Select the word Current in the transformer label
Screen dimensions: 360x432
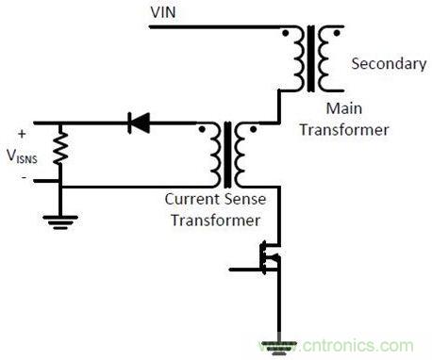point(191,200)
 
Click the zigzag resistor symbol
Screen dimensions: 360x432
point(60,147)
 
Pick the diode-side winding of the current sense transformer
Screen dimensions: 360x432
point(219,155)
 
